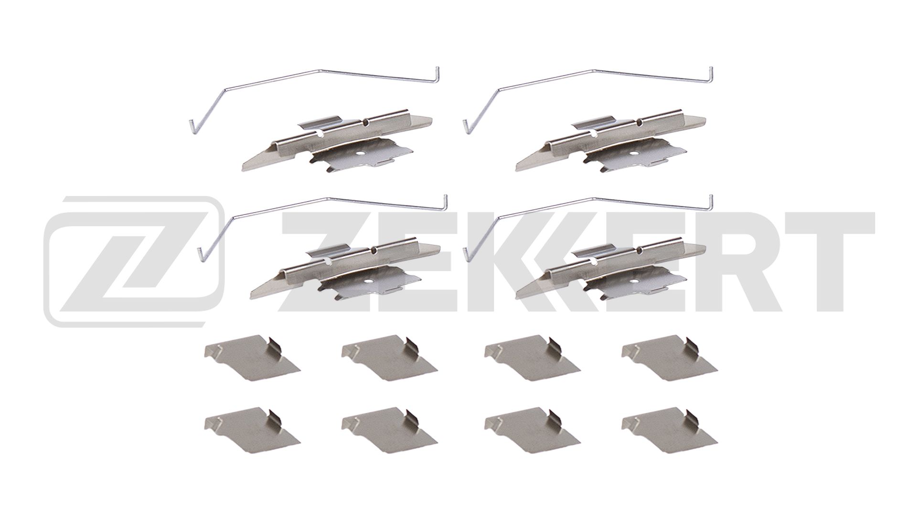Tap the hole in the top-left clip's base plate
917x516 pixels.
(362, 154)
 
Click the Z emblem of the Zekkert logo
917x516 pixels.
(134, 261)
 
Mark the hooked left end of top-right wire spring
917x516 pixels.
(466, 126)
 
